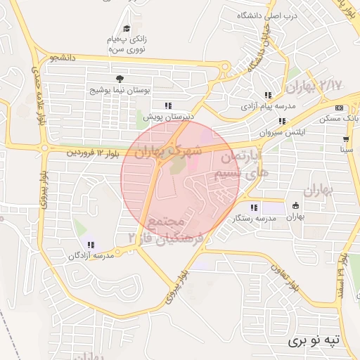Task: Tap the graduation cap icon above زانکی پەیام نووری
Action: pos(127,28)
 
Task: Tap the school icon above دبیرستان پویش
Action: pos(167,106)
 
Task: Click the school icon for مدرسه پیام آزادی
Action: pos(268,95)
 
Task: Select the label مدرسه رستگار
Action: pos(253,218)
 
